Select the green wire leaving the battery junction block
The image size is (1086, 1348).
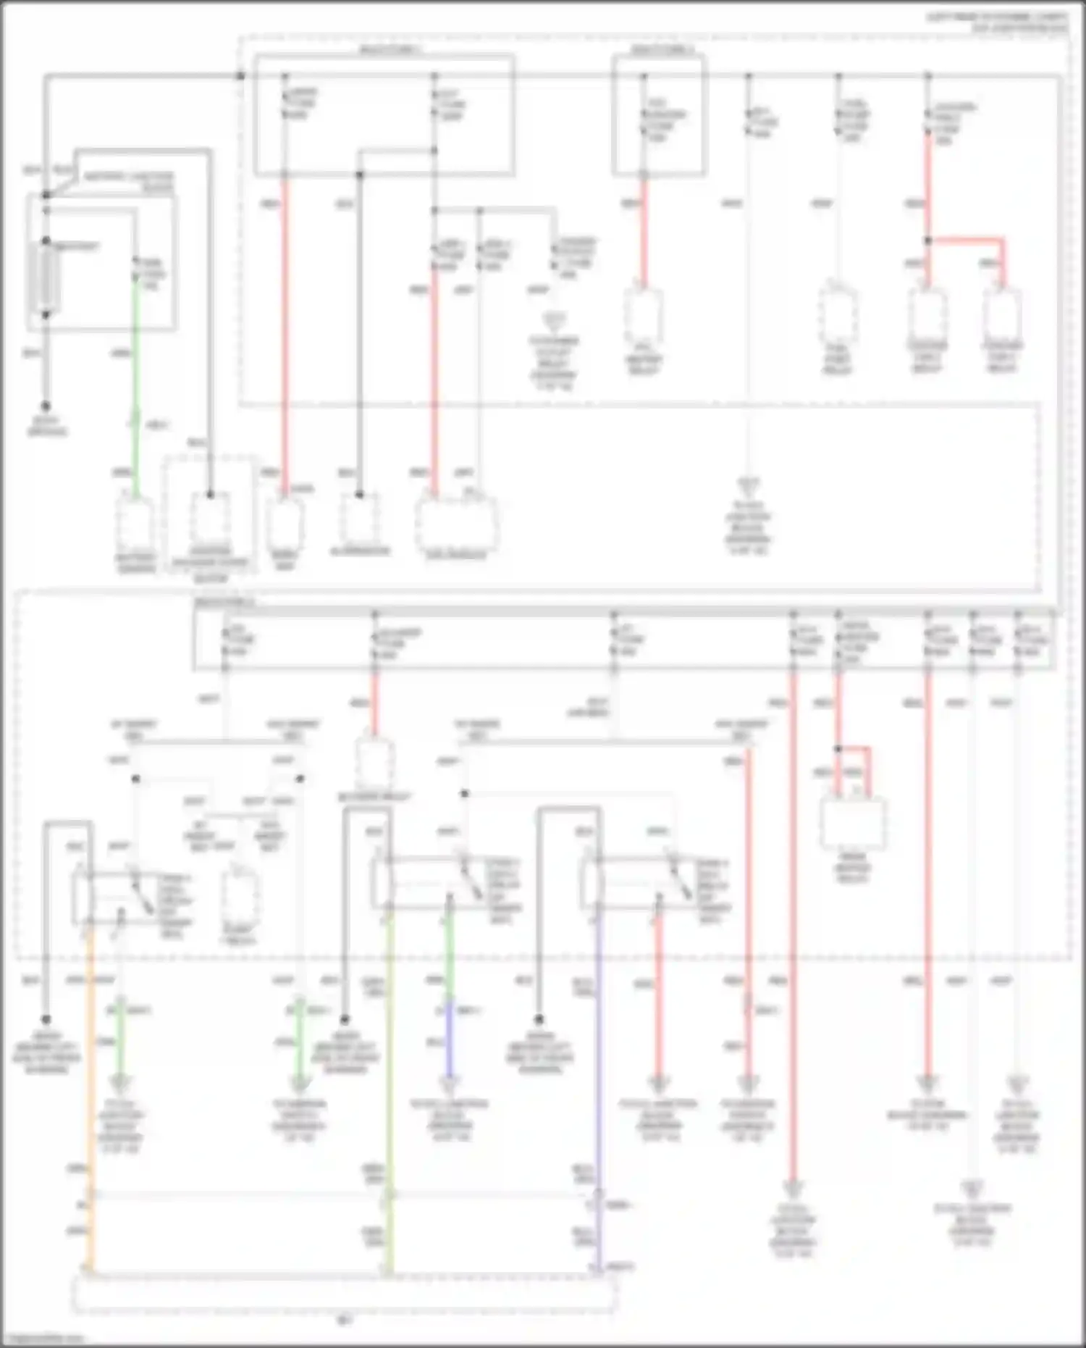(135, 348)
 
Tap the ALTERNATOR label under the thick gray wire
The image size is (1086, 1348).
(360, 551)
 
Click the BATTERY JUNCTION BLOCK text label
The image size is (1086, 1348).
(129, 182)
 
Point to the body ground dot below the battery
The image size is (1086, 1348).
(46, 406)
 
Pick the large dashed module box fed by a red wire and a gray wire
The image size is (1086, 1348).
(456, 524)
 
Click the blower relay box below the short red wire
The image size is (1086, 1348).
(376, 763)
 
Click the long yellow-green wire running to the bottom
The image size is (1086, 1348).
(389, 1087)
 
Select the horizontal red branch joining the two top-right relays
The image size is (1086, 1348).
(967, 239)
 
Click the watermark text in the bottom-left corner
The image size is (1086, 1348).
(43, 1339)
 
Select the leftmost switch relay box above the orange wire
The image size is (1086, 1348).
(109, 898)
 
